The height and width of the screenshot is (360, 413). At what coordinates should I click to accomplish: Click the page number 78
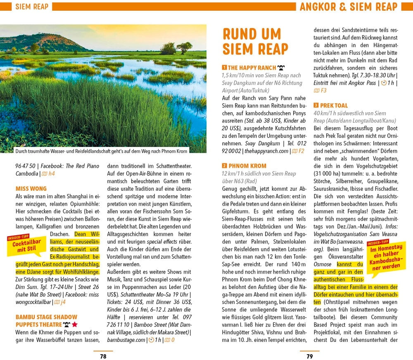pyautogui.click(x=103, y=356)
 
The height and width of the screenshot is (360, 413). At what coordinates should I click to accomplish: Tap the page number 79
pyautogui.click(x=309, y=356)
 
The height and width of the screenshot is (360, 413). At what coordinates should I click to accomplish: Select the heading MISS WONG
pyautogui.click(x=31, y=189)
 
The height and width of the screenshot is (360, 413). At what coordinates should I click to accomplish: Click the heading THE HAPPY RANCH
pyautogui.click(x=252, y=68)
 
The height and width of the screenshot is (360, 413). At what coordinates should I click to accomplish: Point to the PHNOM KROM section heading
pyautogui.click(x=247, y=166)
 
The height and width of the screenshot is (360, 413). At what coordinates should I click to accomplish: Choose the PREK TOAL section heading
pyautogui.click(x=334, y=106)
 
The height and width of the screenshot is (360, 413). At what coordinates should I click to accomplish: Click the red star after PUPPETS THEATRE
pyautogui.click(x=75, y=324)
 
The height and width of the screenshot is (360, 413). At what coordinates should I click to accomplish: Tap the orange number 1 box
pyautogui.click(x=224, y=68)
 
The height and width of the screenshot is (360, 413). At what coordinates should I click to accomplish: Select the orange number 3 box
pyautogui.click(x=316, y=106)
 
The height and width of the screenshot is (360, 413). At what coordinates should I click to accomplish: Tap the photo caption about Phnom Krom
pyautogui.click(x=101, y=151)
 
